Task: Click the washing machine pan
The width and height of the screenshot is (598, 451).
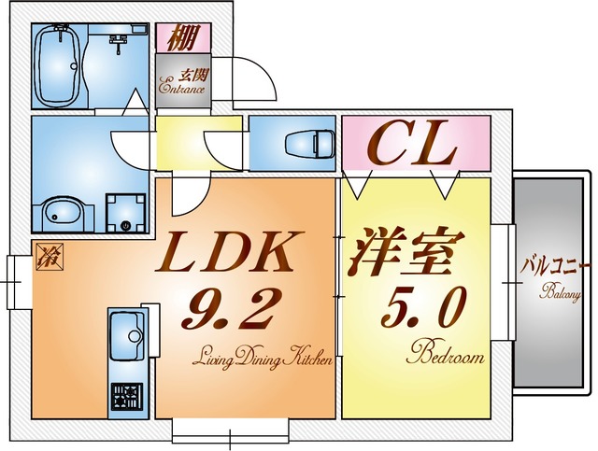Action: (125, 214)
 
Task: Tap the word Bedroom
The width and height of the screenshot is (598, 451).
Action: (446, 356)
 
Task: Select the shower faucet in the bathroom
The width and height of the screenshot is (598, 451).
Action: (118, 40)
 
